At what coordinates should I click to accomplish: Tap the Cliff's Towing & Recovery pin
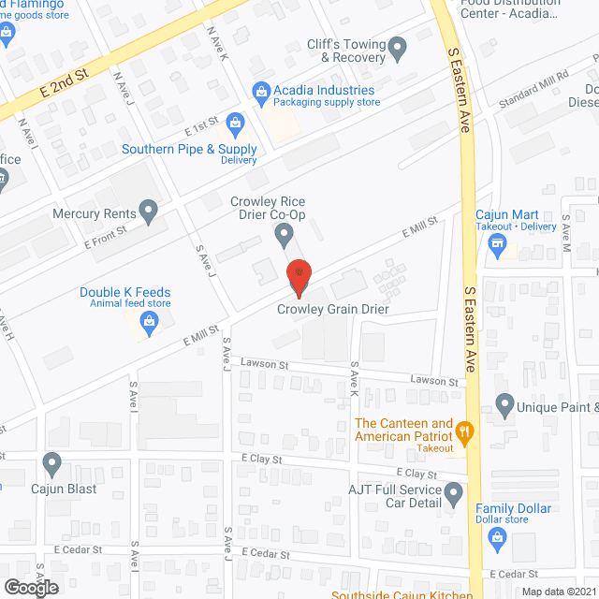click(x=397, y=48)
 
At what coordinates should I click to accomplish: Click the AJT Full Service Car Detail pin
click(x=454, y=491)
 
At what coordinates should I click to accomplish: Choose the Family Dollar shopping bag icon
click(x=498, y=536)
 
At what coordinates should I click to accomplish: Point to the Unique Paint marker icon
click(x=505, y=406)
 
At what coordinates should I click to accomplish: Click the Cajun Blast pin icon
click(x=52, y=462)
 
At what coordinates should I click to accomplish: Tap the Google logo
click(x=30, y=587)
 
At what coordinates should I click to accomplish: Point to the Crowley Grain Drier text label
click(x=332, y=310)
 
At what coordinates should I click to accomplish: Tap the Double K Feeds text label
click(x=125, y=292)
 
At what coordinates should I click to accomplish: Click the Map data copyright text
click(x=558, y=592)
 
